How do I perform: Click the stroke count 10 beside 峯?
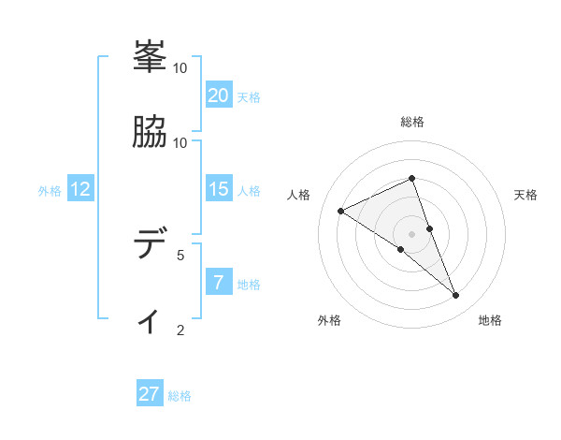pyautogui.click(x=180, y=68)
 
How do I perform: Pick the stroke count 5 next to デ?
pyautogui.click(x=180, y=254)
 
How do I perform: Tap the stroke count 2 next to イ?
pyautogui.click(x=180, y=329)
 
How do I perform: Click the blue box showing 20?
pyautogui.click(x=218, y=95)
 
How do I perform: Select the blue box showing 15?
pyautogui.click(x=218, y=189)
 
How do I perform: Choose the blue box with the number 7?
pyautogui.click(x=218, y=282)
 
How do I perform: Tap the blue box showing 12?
pyautogui.click(x=79, y=189)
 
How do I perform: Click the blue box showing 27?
pyautogui.click(x=150, y=394)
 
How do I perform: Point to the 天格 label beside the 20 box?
pyautogui.click(x=249, y=97)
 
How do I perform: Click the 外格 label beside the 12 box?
pyautogui.click(x=50, y=191)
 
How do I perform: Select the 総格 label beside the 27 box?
pyautogui.click(x=180, y=396)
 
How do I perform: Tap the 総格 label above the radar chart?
pyautogui.click(x=412, y=122)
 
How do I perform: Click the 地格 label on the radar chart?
pyautogui.click(x=490, y=320)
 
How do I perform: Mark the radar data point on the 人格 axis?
pyautogui.click(x=341, y=211)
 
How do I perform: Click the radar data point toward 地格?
pyautogui.click(x=456, y=296)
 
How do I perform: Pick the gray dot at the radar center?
pyautogui.click(x=412, y=233)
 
